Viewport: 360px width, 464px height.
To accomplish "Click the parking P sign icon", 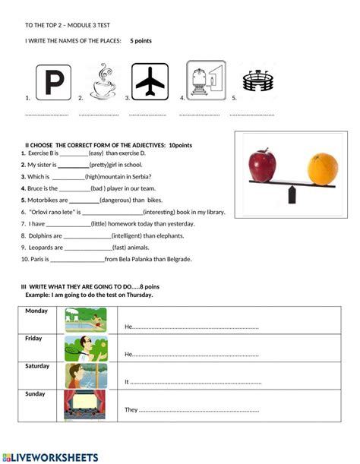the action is (52, 82).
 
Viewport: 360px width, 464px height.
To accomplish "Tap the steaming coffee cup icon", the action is (102, 81).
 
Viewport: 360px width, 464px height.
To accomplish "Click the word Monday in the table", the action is (36, 311).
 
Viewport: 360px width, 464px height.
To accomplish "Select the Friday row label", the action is (33, 339).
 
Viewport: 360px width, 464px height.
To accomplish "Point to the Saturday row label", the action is (37, 366).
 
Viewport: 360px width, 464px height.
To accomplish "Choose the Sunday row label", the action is (35, 394).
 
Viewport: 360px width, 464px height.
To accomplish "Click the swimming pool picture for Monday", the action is (84, 320).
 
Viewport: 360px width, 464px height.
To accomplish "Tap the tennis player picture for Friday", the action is (84, 348).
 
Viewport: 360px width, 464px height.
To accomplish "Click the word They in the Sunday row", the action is (131, 410).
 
